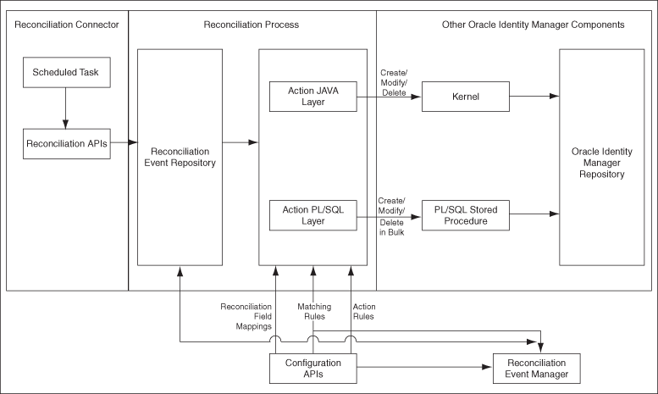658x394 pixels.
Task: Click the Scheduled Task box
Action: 65,72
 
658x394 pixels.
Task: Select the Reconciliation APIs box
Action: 65,144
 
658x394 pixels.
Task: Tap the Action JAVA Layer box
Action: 312,97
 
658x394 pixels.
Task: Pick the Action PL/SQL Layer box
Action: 312,215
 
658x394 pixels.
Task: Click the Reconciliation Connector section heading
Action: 65,25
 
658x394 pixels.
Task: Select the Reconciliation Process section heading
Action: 252,25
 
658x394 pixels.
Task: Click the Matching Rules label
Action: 313,313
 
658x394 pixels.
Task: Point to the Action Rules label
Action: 363,313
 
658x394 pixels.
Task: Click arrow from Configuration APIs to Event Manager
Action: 423,368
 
